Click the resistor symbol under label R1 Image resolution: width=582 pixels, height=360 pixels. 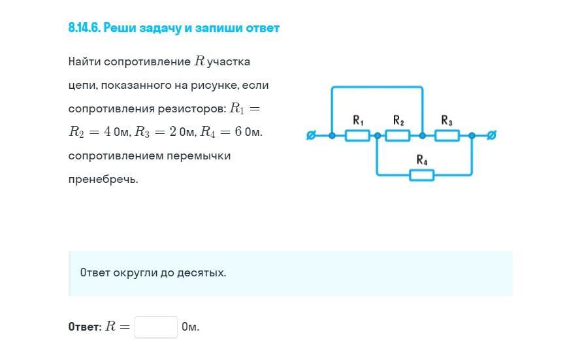[357, 135]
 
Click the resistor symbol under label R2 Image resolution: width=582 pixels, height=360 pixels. [398, 135]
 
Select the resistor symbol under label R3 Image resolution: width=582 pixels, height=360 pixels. [447, 135]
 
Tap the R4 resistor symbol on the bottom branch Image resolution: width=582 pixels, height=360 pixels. [422, 175]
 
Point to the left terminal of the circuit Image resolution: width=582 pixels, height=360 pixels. [311, 135]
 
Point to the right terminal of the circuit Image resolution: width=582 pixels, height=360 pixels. [491, 135]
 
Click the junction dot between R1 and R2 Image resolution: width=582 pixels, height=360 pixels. [378, 136]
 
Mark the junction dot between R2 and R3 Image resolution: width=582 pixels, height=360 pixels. [423, 136]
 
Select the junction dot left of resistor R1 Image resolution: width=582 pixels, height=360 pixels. [332, 136]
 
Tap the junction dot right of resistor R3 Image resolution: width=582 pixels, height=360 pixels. [472, 136]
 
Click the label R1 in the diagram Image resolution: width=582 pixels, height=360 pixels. [358, 120]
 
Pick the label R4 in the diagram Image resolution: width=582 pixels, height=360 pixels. [422, 159]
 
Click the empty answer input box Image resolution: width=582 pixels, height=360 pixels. [156, 327]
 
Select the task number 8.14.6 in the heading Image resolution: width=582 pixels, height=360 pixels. [84, 28]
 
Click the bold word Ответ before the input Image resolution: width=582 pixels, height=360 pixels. [84, 327]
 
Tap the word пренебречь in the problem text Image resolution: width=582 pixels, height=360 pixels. [103, 180]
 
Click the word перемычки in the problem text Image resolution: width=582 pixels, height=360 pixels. [198, 156]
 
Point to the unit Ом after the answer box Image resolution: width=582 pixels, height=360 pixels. [191, 327]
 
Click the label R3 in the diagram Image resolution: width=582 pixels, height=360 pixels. [447, 120]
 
